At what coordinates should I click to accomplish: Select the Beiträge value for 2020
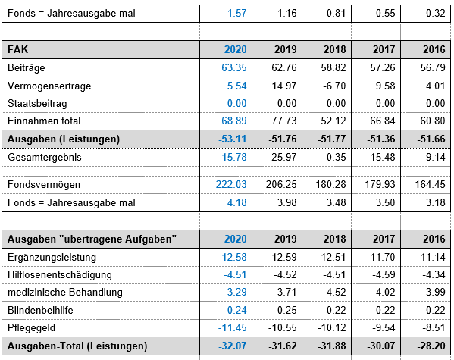click(234, 67)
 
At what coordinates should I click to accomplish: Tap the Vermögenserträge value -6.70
click(333, 86)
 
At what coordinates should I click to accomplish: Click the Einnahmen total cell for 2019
click(284, 121)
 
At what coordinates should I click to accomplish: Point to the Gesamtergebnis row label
click(45, 158)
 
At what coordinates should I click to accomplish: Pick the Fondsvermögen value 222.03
click(231, 184)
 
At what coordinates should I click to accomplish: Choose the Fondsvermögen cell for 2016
click(430, 184)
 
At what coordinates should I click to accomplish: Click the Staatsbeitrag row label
click(37, 103)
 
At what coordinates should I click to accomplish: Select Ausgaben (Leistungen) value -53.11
click(233, 139)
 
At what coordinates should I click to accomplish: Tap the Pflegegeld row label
click(31, 328)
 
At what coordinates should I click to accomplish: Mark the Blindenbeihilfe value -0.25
click(285, 310)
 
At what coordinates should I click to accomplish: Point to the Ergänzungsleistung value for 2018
click(331, 257)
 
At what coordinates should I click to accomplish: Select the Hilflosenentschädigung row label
click(60, 275)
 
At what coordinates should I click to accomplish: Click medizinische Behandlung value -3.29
click(235, 293)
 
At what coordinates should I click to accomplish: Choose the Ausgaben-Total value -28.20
click(431, 346)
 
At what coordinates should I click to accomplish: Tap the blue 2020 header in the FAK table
click(236, 49)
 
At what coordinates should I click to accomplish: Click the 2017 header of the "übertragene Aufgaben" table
click(384, 239)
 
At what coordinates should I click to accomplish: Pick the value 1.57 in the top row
click(236, 13)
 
